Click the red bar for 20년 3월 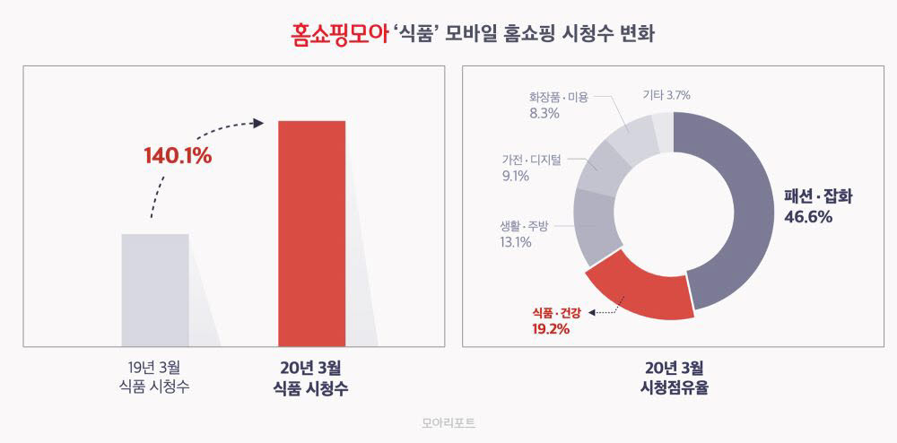[x=311, y=232]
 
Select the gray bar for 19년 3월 [x=155, y=289]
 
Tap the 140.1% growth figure [x=178, y=156]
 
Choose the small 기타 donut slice [x=662, y=125]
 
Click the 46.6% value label [x=809, y=217]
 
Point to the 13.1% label [x=517, y=242]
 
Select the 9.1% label [x=516, y=177]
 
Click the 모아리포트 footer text [x=448, y=421]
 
